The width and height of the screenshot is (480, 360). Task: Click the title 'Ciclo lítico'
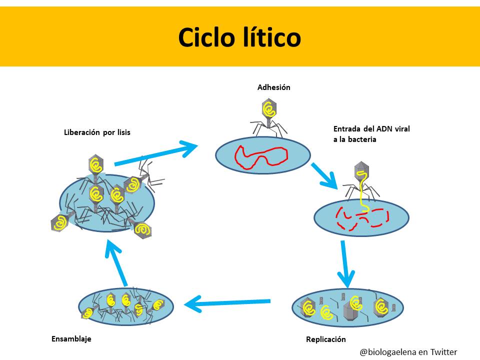(239, 37)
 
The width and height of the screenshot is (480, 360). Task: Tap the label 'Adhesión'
(273, 87)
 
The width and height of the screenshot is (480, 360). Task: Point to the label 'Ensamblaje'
(71, 338)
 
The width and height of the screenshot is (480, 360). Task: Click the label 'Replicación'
(325, 339)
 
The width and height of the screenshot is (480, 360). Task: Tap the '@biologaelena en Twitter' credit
(408, 352)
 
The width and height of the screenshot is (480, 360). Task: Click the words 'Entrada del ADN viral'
(371, 129)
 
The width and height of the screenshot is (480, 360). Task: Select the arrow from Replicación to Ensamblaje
(227, 302)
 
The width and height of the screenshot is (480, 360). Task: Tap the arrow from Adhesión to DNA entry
(324, 175)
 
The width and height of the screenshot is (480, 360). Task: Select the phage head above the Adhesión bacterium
(269, 108)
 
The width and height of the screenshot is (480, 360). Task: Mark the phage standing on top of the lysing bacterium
(95, 165)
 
